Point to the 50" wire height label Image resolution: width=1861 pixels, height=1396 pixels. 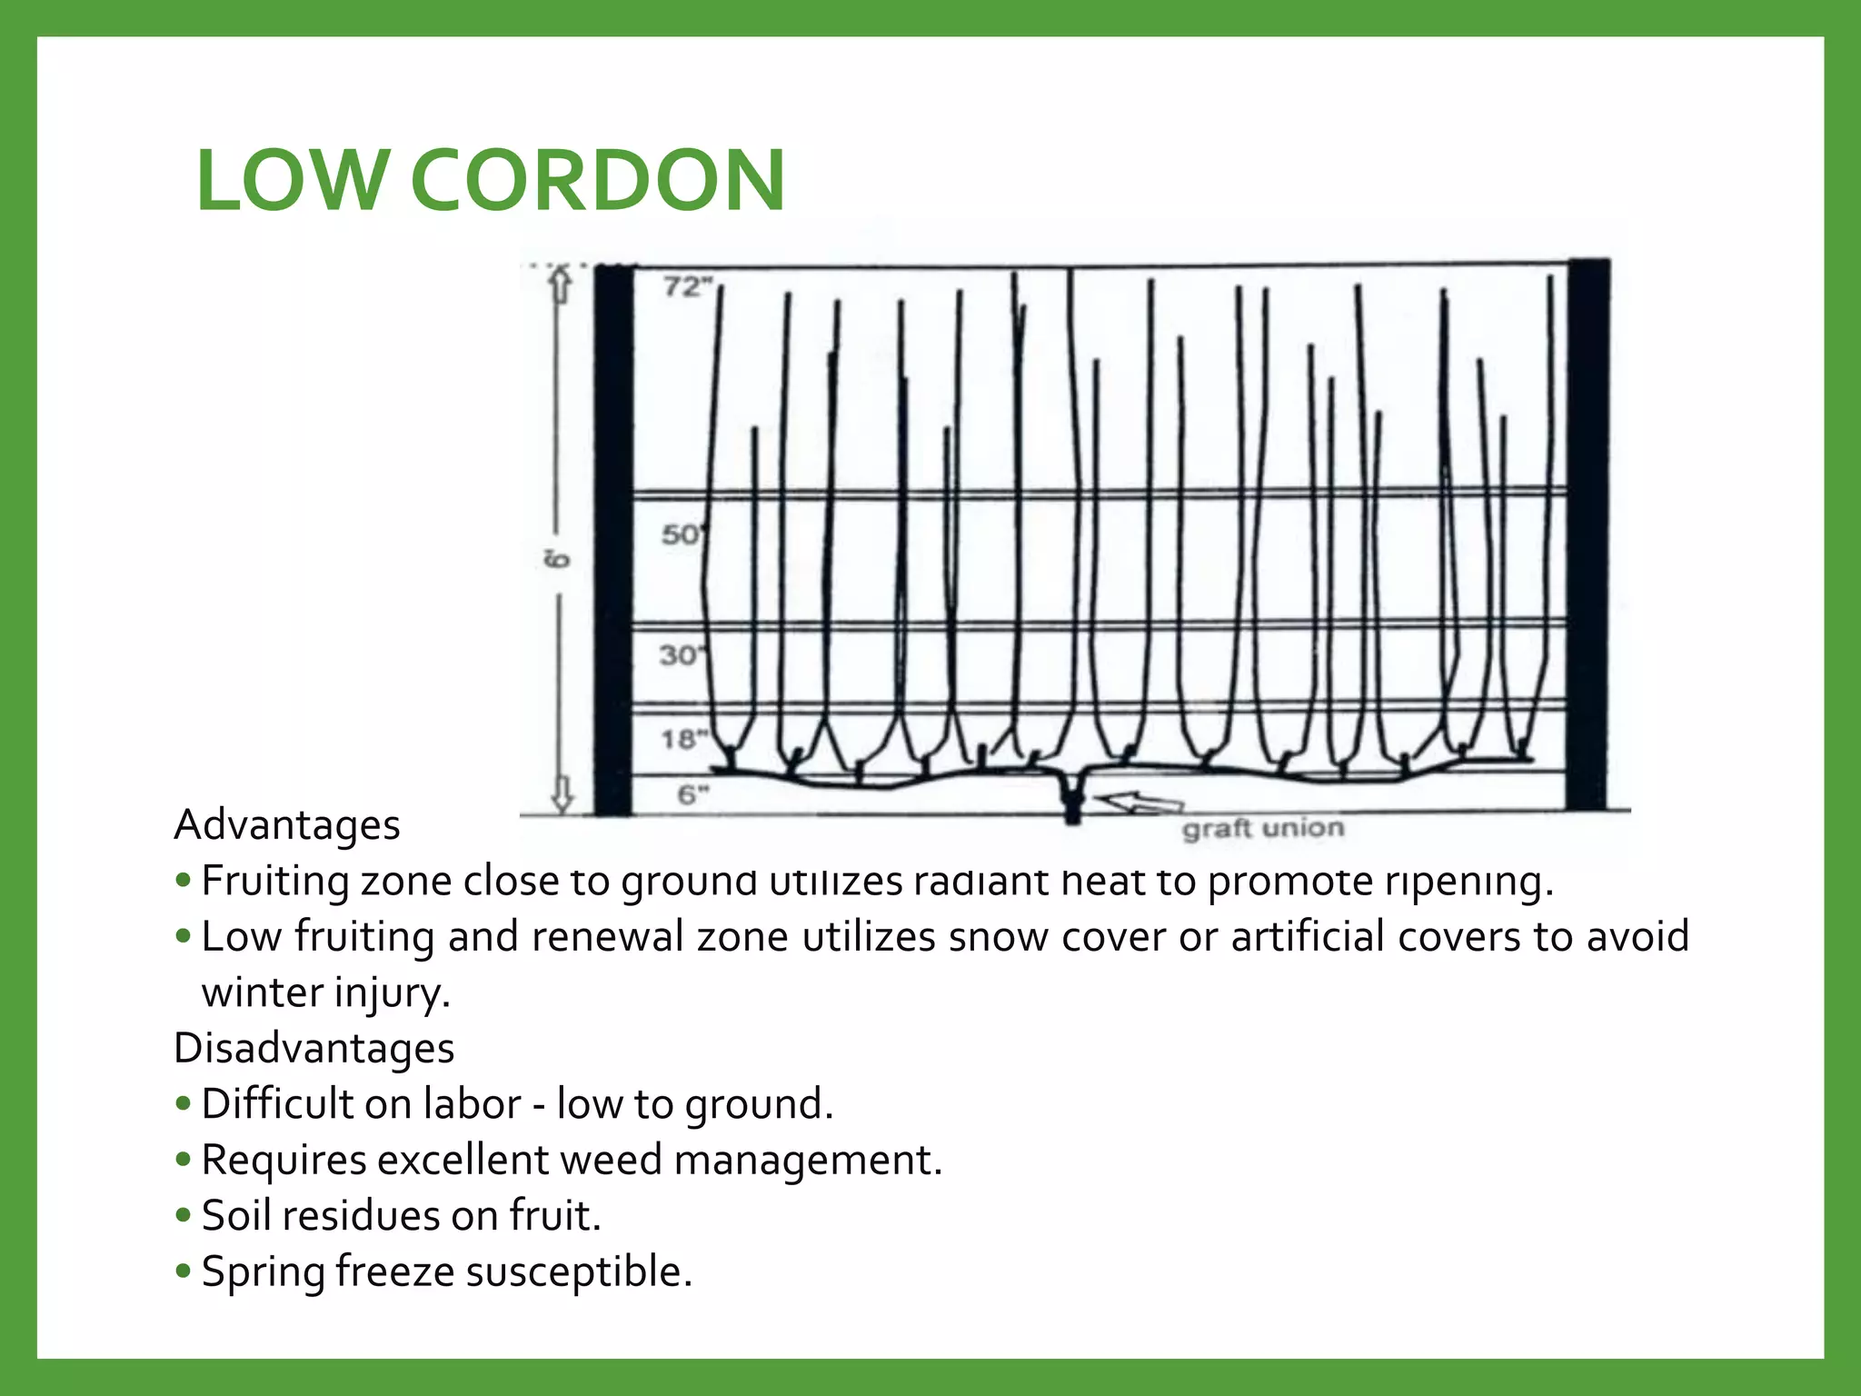click(x=682, y=534)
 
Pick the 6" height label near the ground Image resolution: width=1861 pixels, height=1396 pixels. click(x=692, y=795)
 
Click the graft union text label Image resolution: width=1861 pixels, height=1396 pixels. click(x=1262, y=829)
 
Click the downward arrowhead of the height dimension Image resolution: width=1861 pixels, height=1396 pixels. click(x=562, y=796)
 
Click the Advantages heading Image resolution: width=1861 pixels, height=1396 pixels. click(x=287, y=825)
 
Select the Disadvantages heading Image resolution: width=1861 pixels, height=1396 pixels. click(x=313, y=1048)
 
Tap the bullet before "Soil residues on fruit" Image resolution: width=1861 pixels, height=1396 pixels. click(x=184, y=1215)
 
